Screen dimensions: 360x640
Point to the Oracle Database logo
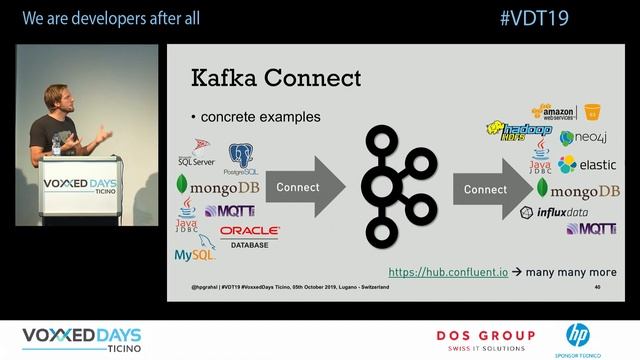(249, 236)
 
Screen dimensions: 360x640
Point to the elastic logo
(587, 164)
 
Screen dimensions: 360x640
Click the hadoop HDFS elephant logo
(520, 131)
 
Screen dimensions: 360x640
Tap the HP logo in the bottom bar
(578, 335)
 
